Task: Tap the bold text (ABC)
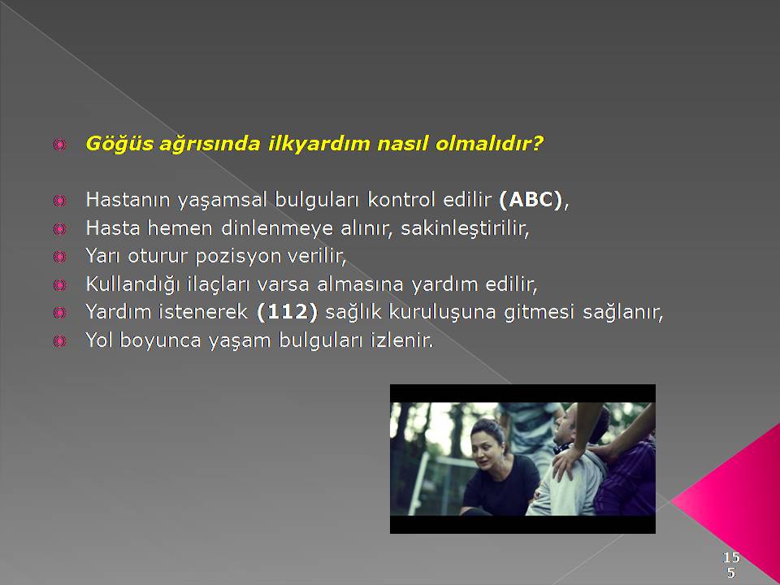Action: (531, 200)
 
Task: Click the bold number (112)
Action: (287, 312)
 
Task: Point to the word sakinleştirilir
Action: (465, 228)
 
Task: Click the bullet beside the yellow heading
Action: (59, 145)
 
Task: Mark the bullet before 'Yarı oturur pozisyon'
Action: (59, 257)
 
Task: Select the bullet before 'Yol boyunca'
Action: (59, 340)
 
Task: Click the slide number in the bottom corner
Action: (731, 564)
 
